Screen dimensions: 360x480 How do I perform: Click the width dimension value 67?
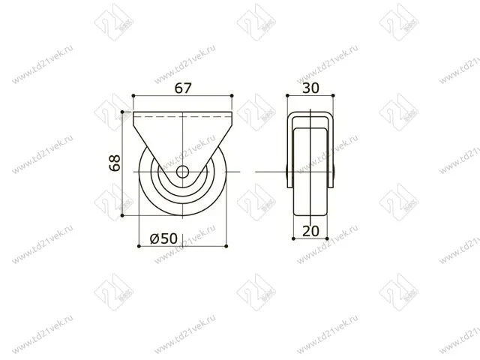click(x=184, y=88)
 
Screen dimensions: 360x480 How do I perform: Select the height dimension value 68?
click(x=115, y=163)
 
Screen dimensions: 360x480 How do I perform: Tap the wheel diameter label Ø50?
click(x=163, y=238)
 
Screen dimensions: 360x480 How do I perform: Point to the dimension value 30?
click(x=311, y=88)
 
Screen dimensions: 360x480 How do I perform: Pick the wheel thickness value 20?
click(x=311, y=231)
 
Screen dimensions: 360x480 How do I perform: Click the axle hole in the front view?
click(x=183, y=172)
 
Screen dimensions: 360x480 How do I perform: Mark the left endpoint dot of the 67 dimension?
click(x=133, y=95)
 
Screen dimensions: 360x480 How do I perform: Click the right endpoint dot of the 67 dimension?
click(x=233, y=95)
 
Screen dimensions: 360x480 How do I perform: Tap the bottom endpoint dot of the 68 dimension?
click(x=122, y=217)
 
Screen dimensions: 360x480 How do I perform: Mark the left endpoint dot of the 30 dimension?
click(x=288, y=95)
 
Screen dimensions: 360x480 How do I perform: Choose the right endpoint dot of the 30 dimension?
click(x=334, y=95)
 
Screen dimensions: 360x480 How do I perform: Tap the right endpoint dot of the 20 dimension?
click(x=327, y=238)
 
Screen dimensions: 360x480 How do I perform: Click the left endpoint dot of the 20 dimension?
click(x=295, y=238)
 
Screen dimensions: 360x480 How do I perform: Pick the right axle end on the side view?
click(x=335, y=172)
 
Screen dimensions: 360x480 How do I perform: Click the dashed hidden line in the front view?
click(x=183, y=118)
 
